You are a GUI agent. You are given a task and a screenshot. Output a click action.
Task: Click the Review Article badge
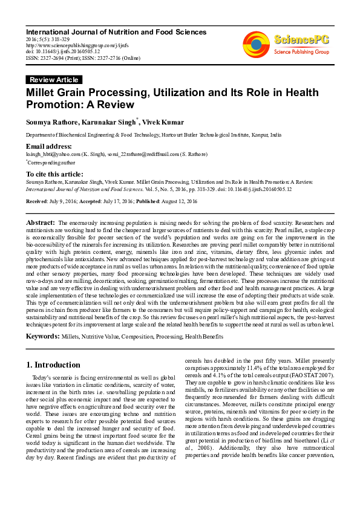coord(54,80)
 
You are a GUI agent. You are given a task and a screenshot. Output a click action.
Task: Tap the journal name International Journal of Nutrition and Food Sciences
coord(116,32)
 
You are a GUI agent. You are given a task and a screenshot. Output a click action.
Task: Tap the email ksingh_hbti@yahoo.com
coord(53,154)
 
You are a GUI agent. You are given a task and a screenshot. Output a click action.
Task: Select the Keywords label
coord(43,336)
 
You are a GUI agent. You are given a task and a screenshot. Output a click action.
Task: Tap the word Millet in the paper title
coord(44,92)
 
